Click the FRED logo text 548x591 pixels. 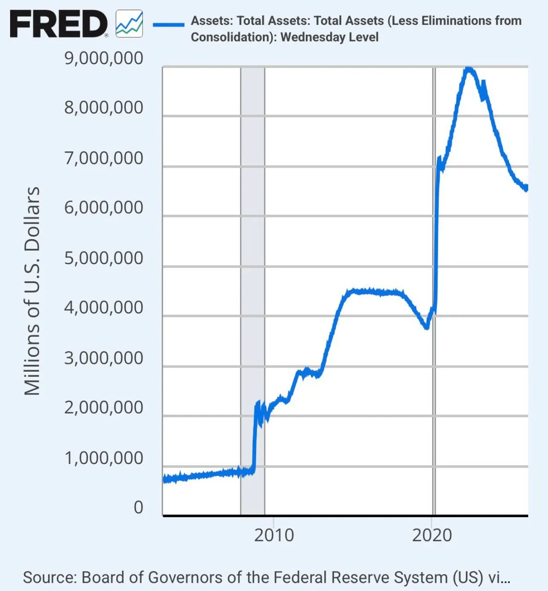58,24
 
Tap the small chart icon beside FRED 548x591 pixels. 129,24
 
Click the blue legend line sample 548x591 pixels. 168,24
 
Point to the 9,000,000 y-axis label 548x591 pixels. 104,59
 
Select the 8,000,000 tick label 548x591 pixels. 104,108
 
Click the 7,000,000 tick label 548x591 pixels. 104,158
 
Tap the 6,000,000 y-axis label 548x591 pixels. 104,208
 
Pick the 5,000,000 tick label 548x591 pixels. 104,259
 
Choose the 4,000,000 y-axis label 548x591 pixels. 104,308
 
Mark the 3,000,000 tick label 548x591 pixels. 104,358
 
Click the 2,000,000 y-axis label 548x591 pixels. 104,408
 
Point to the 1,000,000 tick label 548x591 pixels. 104,458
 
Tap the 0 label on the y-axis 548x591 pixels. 138,508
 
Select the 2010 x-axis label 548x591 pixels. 274,536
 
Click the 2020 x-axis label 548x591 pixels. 432,536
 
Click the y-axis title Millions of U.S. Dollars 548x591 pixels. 32,291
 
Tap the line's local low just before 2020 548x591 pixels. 427,327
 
